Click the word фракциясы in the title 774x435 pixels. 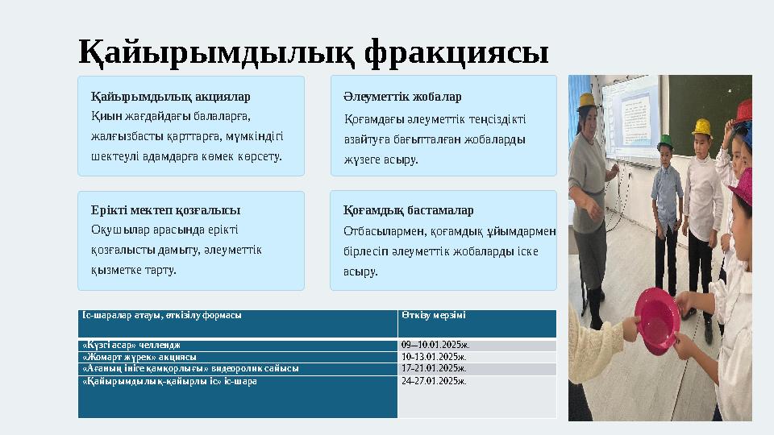(x=456, y=53)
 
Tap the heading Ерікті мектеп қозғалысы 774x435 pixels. (x=166, y=210)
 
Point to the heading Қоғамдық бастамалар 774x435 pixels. (x=408, y=210)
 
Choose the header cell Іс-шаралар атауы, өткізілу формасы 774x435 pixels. (x=162, y=315)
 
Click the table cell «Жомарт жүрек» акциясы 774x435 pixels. (x=139, y=357)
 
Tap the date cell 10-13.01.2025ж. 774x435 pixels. (x=434, y=357)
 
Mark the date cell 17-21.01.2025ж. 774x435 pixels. (x=434, y=368)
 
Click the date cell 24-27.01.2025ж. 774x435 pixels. (x=434, y=380)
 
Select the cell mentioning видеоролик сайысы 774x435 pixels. (x=190, y=368)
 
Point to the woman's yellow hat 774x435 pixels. (x=586, y=101)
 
